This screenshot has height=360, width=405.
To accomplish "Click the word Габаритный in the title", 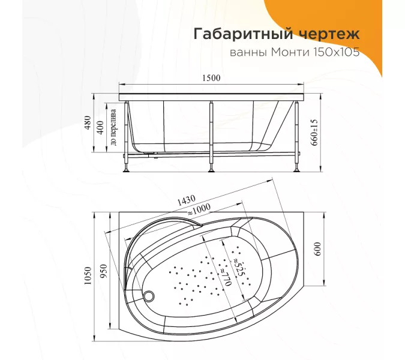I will coord(239,34).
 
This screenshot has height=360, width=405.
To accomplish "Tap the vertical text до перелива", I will coord(114,128).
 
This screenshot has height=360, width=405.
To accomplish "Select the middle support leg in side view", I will coord(211,135).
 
